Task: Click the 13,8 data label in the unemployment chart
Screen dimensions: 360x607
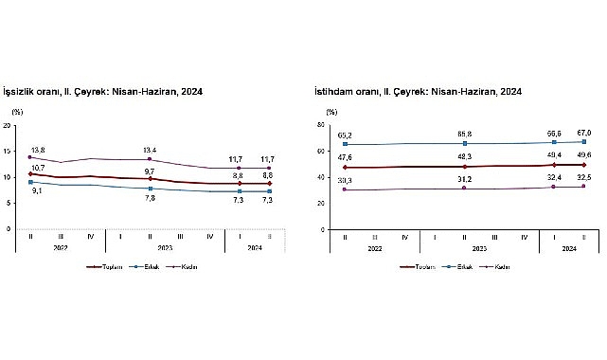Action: [x=37, y=150]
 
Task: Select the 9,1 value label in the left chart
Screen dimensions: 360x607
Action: [x=36, y=189]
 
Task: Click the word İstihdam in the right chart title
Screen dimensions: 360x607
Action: [x=335, y=92]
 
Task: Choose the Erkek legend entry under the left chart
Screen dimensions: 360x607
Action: [x=151, y=267]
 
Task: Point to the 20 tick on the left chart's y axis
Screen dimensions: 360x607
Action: [x=9, y=125]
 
